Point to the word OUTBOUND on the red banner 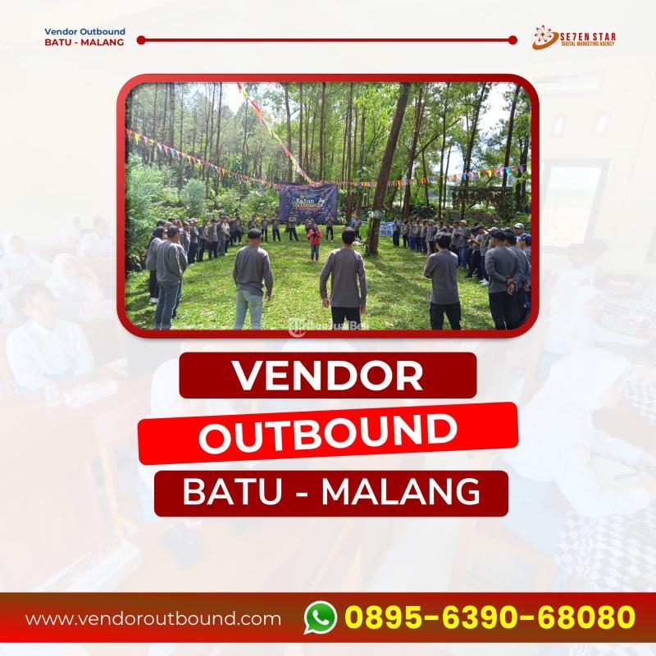pyautogui.click(x=327, y=434)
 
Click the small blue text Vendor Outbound pyautogui.click(x=74, y=32)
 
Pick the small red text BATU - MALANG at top pyautogui.click(x=72, y=43)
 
